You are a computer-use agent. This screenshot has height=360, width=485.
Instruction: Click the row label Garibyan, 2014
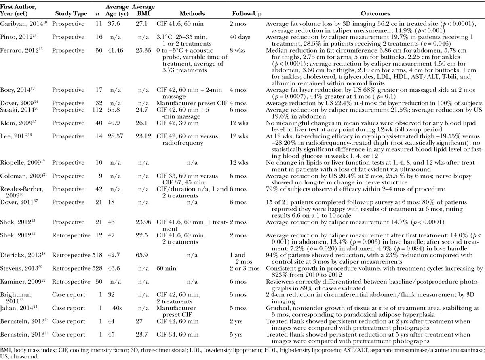point(19,25)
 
